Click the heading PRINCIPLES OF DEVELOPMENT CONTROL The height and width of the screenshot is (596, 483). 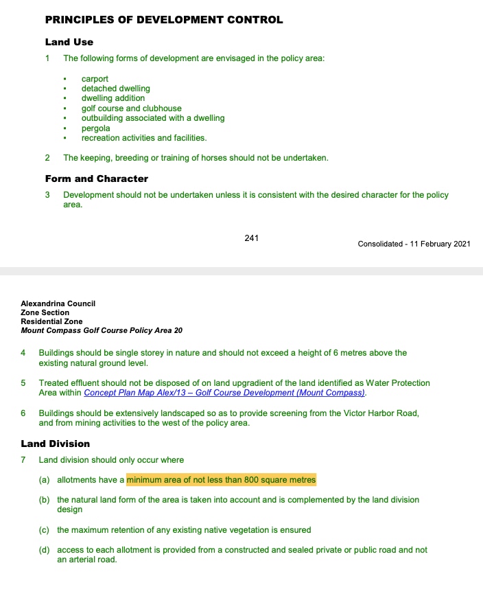pyautogui.click(x=163, y=20)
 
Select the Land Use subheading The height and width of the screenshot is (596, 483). pyautogui.click(x=69, y=42)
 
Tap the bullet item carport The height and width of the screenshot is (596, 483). pyautogui.click(x=95, y=79)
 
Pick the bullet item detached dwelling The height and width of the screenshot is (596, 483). pyautogui.click(x=115, y=89)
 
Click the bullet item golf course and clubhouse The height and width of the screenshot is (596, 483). pyautogui.click(x=131, y=108)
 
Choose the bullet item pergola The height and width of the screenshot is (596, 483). pyautogui.click(x=95, y=128)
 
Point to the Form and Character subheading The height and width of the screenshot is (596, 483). pyautogui.click(x=96, y=179)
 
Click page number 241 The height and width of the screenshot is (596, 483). pyautogui.click(x=251, y=238)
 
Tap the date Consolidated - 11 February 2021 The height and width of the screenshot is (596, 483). pyautogui.click(x=414, y=244)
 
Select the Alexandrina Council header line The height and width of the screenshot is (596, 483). pyautogui.click(x=58, y=303)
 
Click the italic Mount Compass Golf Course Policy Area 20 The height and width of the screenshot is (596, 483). pyautogui.click(x=102, y=330)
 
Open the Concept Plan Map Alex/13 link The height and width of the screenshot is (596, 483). pyautogui.click(x=224, y=393)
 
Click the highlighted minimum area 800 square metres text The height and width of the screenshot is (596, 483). pyautogui.click(x=221, y=479)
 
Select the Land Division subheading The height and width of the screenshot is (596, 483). pyautogui.click(x=55, y=444)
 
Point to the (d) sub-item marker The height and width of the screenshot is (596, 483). pyautogui.click(x=44, y=550)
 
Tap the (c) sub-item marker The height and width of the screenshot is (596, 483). pyautogui.click(x=44, y=530)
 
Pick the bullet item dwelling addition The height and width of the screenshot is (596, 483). pyautogui.click(x=113, y=98)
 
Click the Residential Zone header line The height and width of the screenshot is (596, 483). pyautogui.click(x=51, y=321)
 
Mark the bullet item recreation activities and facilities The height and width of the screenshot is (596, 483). pyautogui.click(x=143, y=138)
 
